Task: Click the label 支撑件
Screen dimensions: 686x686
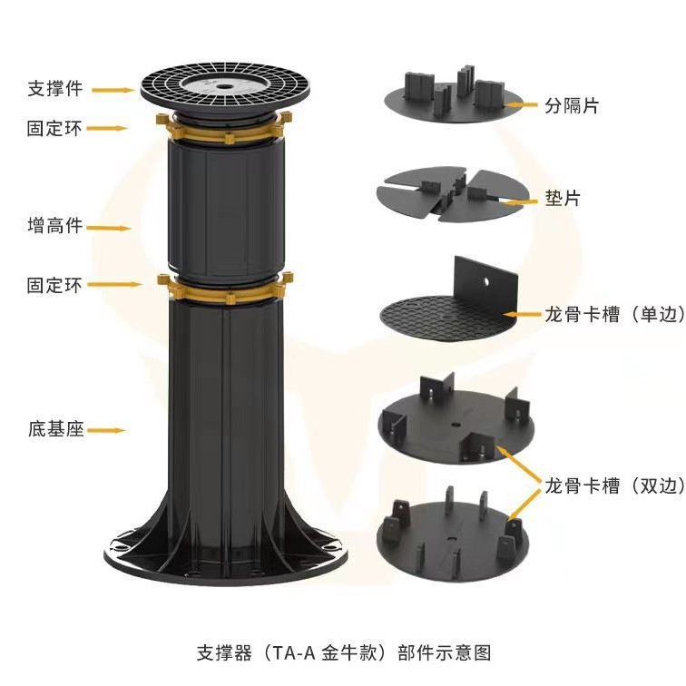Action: (54, 89)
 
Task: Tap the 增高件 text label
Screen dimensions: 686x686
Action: (54, 225)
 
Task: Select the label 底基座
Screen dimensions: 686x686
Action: (55, 429)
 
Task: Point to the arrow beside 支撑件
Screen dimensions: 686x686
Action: (113, 90)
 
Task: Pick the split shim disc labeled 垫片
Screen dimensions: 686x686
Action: (449, 193)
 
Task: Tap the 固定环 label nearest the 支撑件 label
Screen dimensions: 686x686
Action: (54, 129)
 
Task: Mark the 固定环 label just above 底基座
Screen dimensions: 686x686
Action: (54, 285)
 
